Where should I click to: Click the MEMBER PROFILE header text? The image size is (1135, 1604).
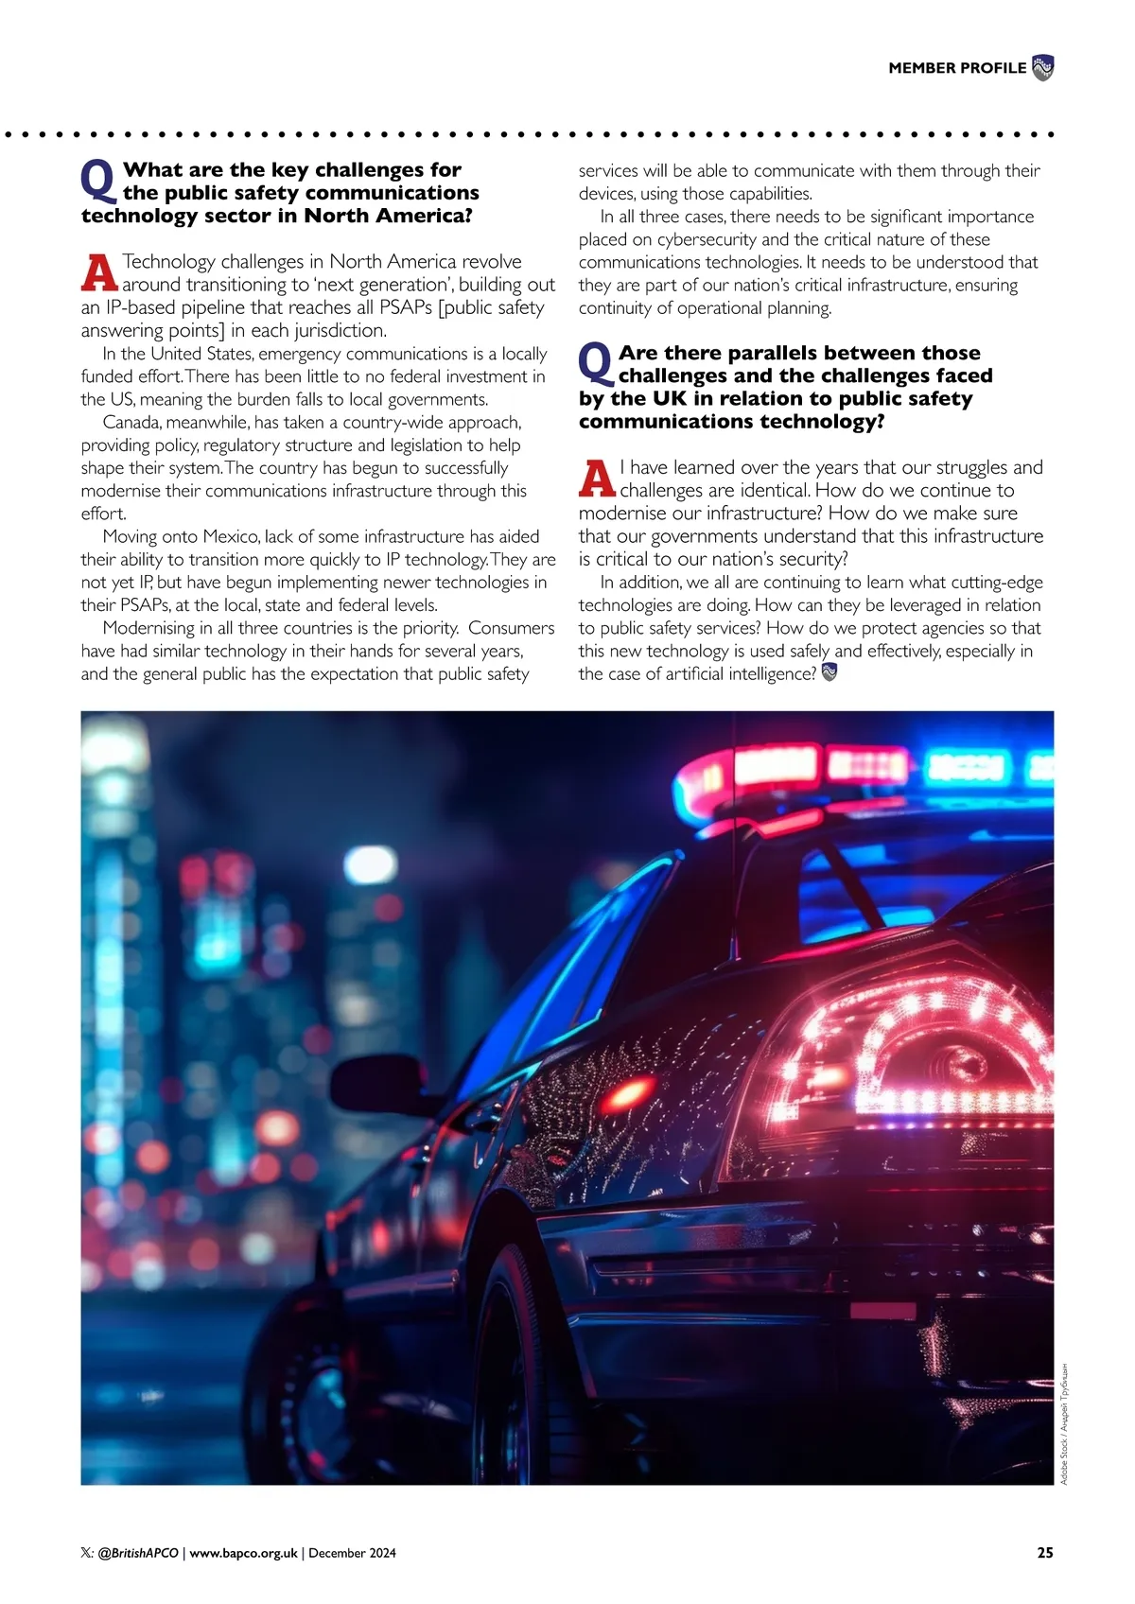[x=956, y=68]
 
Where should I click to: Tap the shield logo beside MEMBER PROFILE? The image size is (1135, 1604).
[x=1042, y=68]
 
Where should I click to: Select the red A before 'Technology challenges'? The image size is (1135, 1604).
[x=99, y=272]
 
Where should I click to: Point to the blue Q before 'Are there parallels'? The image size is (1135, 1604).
[x=596, y=364]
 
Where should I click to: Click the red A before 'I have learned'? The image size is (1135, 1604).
[x=597, y=479]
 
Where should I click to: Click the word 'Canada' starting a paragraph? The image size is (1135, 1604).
[x=131, y=422]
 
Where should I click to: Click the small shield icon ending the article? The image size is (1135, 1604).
[x=829, y=672]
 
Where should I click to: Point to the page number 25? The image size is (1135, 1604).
[x=1044, y=1552]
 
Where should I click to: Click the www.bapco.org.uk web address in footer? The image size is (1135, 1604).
[x=244, y=1553]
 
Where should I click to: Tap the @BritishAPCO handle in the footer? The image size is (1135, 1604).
[x=138, y=1553]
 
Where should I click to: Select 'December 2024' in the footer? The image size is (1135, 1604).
[x=353, y=1553]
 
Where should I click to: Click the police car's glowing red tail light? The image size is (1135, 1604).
[x=922, y=1050]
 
